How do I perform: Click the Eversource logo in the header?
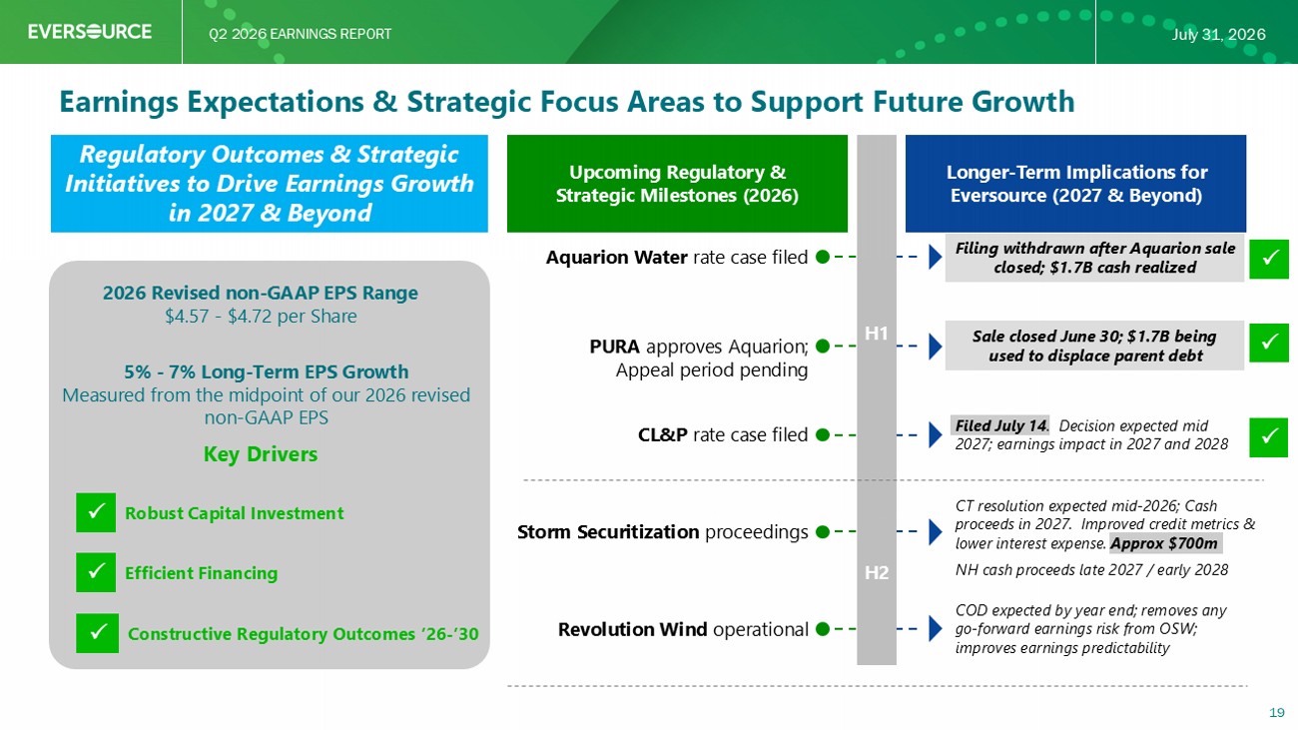point(90,31)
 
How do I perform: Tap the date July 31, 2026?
point(1218,34)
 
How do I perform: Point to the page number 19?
point(1277,712)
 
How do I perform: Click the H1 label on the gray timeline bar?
point(877,334)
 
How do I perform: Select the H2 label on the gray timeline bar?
point(877,572)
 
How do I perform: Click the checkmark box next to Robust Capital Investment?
point(96,512)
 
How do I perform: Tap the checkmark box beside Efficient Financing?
point(96,572)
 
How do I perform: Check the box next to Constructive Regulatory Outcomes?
point(97,633)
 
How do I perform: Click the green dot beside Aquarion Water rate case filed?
point(823,257)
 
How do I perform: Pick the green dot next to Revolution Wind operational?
point(823,628)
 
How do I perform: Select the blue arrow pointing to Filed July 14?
point(936,434)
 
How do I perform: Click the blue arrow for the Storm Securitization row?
point(936,531)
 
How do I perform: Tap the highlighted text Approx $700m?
point(1164,543)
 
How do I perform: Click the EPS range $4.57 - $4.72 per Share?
point(261,317)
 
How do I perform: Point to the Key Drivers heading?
point(261,454)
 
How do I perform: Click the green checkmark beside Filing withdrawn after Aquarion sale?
point(1268,259)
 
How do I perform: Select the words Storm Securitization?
point(608,532)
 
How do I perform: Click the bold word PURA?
point(614,347)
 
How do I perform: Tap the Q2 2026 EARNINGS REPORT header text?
point(301,34)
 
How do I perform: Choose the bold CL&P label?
point(662,434)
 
